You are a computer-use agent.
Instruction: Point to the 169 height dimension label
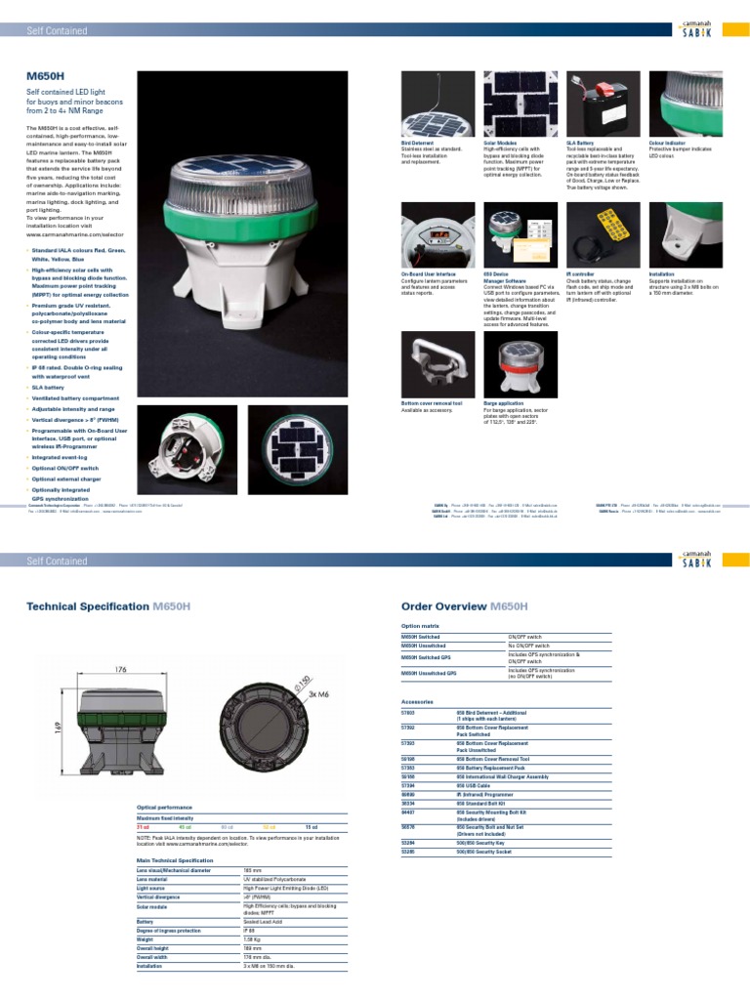click(57, 729)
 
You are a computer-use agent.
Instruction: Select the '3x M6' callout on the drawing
click(321, 693)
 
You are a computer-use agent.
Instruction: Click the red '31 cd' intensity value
click(143, 826)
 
